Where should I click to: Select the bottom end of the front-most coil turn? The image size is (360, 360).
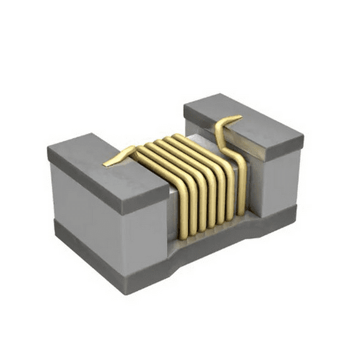(x=182, y=236)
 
